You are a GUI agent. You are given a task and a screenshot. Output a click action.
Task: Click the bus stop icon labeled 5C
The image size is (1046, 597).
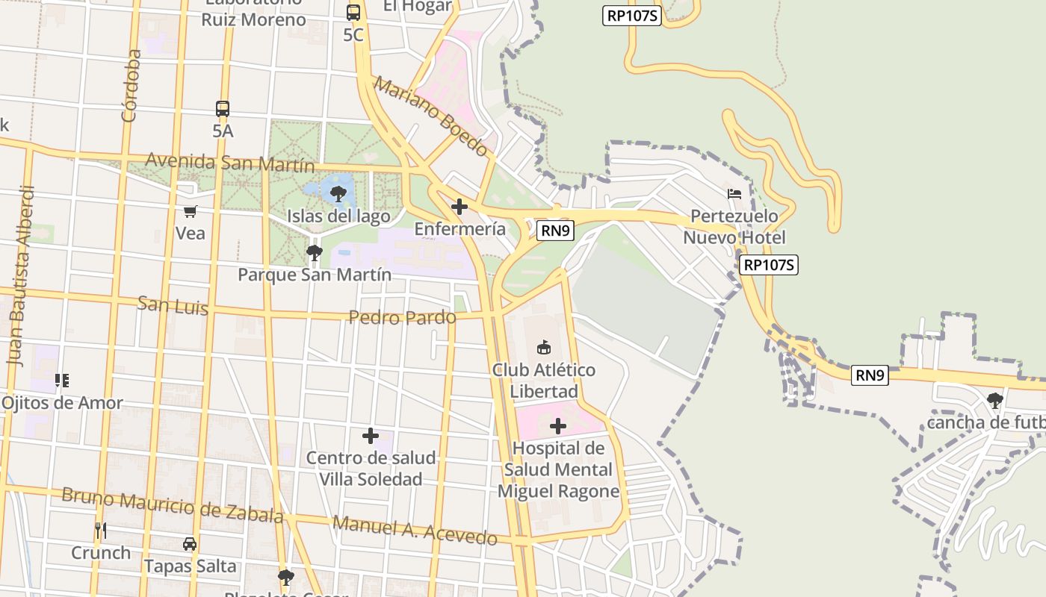coord(353,12)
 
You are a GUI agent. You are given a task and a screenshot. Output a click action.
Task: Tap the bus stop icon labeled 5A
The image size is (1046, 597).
coord(223,109)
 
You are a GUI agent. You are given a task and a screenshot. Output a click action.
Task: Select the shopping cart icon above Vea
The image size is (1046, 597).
coord(190,211)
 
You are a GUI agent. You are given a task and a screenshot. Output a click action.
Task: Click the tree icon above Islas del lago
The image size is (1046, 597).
coord(338,194)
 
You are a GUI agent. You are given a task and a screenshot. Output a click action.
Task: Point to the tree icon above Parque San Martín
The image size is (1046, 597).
coord(315,252)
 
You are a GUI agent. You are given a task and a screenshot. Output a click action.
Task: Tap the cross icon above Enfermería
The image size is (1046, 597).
coord(459,207)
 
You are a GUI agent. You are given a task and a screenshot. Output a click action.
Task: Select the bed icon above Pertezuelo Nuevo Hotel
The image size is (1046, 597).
coord(734,194)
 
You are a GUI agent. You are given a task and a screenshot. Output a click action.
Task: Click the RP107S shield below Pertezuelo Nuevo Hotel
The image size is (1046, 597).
coord(769,265)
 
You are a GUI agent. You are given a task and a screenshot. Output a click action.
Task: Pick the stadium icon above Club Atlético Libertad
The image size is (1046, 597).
coord(544,347)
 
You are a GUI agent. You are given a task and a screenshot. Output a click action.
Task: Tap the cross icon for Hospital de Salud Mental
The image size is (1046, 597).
coord(557,426)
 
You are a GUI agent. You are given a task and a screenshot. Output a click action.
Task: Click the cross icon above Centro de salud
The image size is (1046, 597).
coord(370,436)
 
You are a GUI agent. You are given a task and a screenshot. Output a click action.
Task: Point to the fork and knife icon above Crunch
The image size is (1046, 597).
coord(101,531)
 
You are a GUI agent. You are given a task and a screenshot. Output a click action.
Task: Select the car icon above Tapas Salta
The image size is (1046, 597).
coord(190,544)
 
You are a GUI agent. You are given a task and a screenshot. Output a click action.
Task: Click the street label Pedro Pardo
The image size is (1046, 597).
coord(402,317)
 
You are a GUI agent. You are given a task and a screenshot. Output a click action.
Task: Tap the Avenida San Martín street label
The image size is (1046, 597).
coord(229,162)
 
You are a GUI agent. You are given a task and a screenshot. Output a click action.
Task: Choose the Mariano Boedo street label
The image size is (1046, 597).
coord(430,116)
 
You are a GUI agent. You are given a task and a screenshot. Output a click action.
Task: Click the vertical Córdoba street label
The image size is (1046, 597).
coord(131,85)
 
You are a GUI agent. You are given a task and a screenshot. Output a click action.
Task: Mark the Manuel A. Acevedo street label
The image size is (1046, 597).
coord(415,530)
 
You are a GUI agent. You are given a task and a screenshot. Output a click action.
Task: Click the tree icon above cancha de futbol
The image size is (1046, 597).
coord(994,401)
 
